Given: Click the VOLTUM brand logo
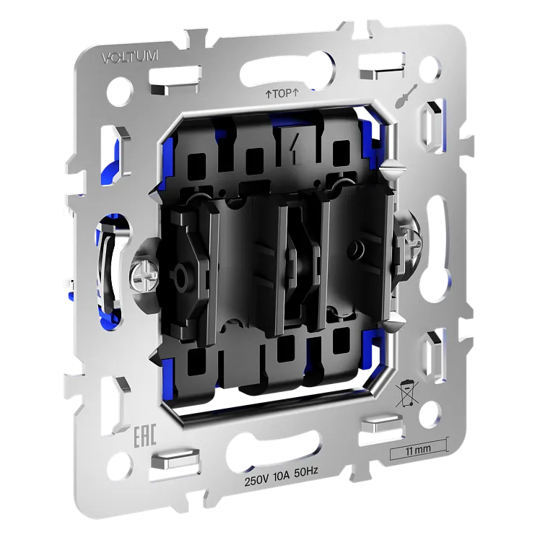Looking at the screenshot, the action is coord(130,56).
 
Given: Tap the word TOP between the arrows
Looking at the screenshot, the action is coord(282,93).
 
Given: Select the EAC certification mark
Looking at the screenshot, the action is coord(145,435).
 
